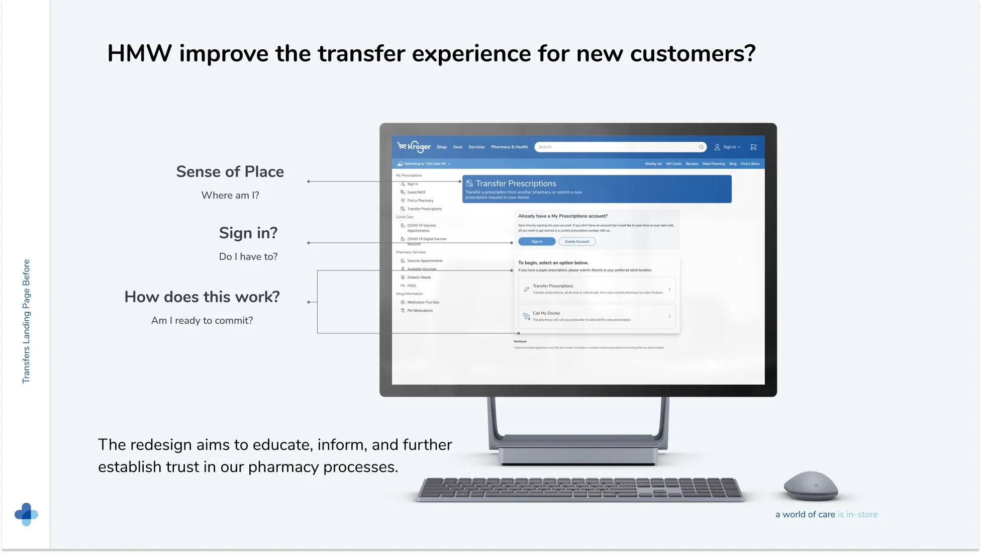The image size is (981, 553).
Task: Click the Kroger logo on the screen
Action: point(414,146)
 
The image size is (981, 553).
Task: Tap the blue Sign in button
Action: point(536,242)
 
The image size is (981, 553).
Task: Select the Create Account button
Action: point(576,242)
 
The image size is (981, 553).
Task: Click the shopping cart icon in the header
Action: point(753,147)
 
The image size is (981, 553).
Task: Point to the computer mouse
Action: point(810,486)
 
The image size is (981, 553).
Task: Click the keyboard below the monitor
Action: point(580,489)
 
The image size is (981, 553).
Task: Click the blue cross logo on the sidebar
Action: point(26,514)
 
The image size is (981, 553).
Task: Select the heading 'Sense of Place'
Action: point(230,172)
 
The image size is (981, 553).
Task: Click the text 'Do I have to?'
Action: point(248,257)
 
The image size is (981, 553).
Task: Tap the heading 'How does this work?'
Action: point(202,297)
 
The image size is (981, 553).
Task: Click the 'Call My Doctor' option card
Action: point(597,316)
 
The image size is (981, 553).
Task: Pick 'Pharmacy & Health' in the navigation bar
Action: point(509,147)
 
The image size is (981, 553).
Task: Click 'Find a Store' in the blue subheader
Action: point(750,164)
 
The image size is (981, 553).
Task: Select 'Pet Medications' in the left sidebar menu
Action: point(420,311)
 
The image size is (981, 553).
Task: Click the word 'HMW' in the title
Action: point(139,54)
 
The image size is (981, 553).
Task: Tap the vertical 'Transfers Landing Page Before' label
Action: point(26,322)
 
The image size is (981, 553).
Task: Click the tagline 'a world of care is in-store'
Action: point(826,514)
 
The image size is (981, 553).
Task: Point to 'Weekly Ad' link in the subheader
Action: point(653,164)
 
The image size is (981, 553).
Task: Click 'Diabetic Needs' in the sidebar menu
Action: point(419,278)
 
